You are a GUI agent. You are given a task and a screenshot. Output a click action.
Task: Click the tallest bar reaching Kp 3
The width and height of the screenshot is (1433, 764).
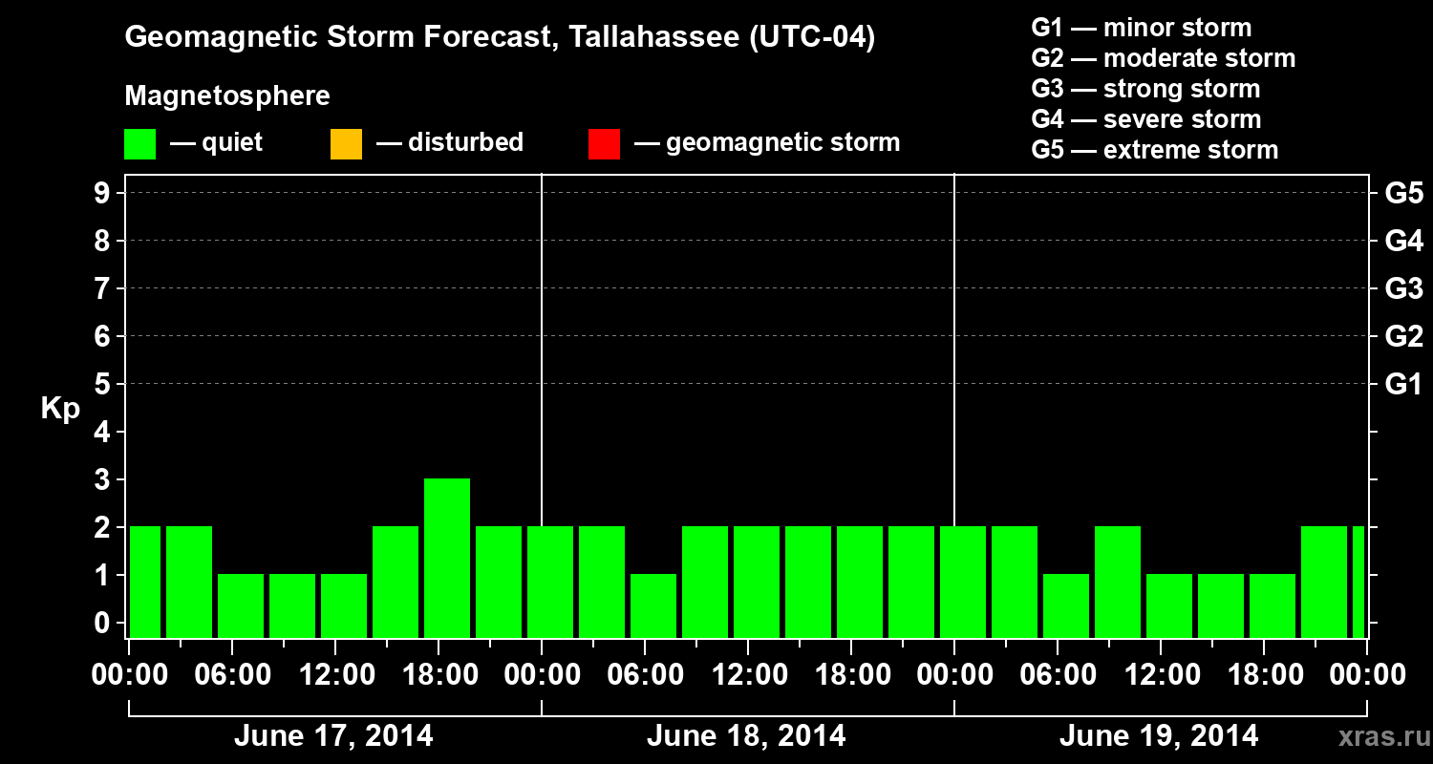click(x=447, y=557)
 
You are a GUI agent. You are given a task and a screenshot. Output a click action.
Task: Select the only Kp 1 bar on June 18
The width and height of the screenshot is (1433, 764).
click(x=653, y=605)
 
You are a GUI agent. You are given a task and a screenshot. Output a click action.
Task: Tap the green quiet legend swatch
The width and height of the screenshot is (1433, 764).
click(x=140, y=144)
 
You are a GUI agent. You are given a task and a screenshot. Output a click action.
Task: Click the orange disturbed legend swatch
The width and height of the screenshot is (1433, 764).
click(x=346, y=144)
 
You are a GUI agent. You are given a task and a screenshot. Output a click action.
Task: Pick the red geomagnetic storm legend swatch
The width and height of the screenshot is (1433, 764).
click(x=604, y=144)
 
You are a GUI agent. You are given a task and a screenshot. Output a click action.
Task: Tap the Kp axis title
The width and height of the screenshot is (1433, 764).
click(x=60, y=409)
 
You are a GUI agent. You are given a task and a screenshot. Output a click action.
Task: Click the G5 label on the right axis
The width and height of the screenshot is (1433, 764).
click(x=1403, y=193)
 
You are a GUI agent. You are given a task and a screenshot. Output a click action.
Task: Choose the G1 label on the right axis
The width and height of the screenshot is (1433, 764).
click(x=1403, y=384)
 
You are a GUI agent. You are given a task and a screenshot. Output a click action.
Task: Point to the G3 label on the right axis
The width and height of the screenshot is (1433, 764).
click(x=1403, y=288)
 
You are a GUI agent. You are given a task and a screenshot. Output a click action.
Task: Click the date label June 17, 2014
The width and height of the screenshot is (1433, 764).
click(x=333, y=736)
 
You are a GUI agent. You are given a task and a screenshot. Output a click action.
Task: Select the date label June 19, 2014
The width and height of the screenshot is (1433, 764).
click(x=1159, y=736)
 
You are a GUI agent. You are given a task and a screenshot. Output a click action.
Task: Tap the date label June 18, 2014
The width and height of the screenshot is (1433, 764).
click(x=746, y=736)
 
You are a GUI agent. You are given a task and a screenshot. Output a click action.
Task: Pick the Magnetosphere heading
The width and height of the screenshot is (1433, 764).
click(x=227, y=96)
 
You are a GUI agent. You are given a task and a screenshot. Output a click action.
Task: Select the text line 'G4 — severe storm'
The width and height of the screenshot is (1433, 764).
click(x=1145, y=119)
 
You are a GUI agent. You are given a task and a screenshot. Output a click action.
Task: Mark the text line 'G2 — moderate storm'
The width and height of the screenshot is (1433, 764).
click(x=1163, y=58)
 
